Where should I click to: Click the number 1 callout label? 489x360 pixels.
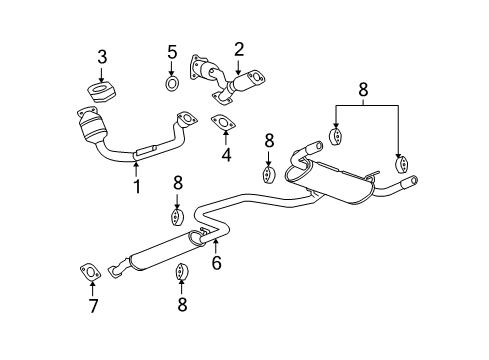click(137, 186)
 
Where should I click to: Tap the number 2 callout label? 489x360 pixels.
click(239, 49)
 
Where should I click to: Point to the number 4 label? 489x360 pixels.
click(226, 155)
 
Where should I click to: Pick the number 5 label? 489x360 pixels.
click(171, 51)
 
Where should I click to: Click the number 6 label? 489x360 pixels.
click(214, 264)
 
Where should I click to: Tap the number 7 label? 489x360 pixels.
click(92, 305)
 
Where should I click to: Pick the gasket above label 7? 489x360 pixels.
click(88, 270)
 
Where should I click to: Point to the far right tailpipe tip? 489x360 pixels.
click(410, 182)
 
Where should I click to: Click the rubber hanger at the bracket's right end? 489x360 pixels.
click(401, 163)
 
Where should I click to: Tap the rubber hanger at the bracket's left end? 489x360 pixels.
click(335, 137)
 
